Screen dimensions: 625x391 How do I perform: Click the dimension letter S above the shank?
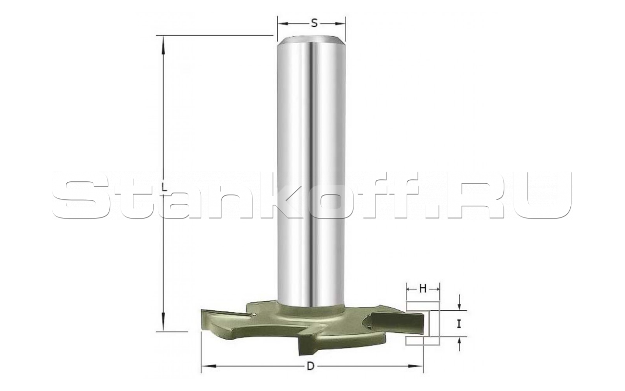pos(314,23)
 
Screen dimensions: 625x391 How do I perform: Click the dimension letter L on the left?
pos(165,188)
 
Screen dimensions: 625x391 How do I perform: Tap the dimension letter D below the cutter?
pos(311,367)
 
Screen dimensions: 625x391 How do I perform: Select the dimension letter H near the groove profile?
pos(423,289)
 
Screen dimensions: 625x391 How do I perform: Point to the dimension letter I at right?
pos(459,324)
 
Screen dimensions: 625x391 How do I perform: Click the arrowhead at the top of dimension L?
pos(163,44)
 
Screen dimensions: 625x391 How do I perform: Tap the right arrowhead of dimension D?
pos(415,366)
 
